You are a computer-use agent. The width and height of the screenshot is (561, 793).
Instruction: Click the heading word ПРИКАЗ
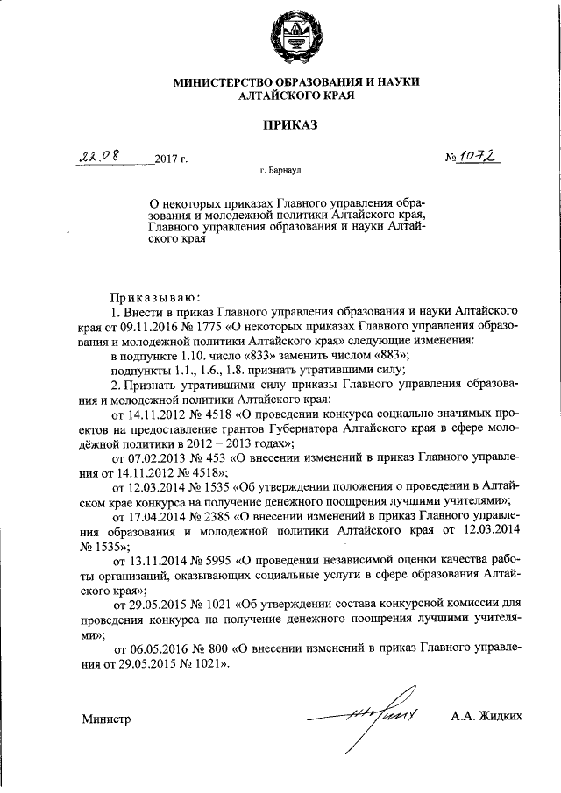[x=295, y=125]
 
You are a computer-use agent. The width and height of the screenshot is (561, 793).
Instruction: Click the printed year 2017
[x=166, y=159]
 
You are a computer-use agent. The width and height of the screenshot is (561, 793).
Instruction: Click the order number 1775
[x=224, y=326]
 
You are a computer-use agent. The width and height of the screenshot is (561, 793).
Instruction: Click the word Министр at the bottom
[x=106, y=719]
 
